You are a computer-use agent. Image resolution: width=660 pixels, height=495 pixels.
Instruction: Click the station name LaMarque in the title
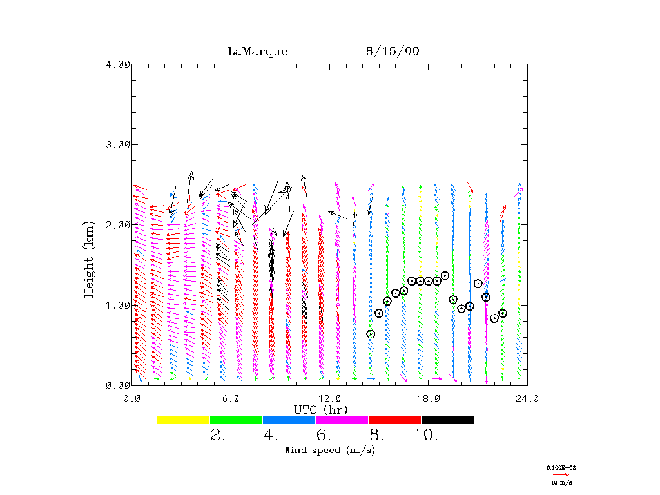[257, 52]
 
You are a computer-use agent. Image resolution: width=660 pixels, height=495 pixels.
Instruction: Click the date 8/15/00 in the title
[392, 52]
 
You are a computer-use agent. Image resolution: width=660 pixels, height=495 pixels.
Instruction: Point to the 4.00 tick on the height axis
[117, 64]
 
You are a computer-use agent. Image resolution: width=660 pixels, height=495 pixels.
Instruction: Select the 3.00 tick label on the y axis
[117, 144]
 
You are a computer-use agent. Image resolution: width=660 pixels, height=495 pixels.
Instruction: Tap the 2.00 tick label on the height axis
[117, 225]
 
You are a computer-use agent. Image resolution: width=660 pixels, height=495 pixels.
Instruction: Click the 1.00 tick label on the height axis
[117, 305]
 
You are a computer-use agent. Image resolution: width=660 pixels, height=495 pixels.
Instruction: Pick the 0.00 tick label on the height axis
[117, 385]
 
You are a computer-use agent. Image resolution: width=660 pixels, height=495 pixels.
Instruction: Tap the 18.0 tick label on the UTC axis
[429, 398]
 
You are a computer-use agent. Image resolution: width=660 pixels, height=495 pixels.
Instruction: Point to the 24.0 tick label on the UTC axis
[527, 398]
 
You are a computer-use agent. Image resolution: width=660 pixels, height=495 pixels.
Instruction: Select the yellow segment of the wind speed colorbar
[184, 420]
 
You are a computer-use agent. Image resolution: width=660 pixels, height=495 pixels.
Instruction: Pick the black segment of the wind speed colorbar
[448, 420]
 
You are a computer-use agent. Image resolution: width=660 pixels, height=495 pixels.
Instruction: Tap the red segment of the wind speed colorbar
[394, 420]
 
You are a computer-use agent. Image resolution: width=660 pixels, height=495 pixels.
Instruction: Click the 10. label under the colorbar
[425, 436]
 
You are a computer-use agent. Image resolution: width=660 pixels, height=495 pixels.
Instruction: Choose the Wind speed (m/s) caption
[329, 450]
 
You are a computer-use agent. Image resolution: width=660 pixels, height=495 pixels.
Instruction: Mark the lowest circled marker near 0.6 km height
[371, 334]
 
